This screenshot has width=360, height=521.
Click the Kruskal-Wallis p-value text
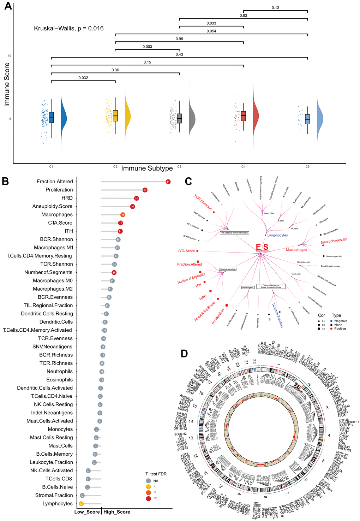[69, 28]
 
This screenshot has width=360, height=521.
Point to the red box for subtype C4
[243, 116]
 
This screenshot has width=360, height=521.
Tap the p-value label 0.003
[148, 47]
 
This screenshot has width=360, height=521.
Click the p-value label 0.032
[83, 78]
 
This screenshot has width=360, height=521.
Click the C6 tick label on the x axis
[307, 166]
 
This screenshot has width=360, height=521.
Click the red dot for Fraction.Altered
[168, 182]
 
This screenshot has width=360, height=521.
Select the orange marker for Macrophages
[122, 214]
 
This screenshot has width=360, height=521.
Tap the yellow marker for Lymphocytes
[81, 504]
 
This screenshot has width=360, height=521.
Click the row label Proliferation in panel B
[59, 190]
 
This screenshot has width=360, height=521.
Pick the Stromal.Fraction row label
[54, 495]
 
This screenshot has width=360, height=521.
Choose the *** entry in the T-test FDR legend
[149, 498]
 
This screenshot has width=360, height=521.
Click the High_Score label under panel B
[117, 512]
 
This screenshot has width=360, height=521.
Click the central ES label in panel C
[262, 247]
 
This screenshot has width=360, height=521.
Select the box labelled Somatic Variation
[228, 269]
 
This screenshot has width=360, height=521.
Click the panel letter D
[184, 353]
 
